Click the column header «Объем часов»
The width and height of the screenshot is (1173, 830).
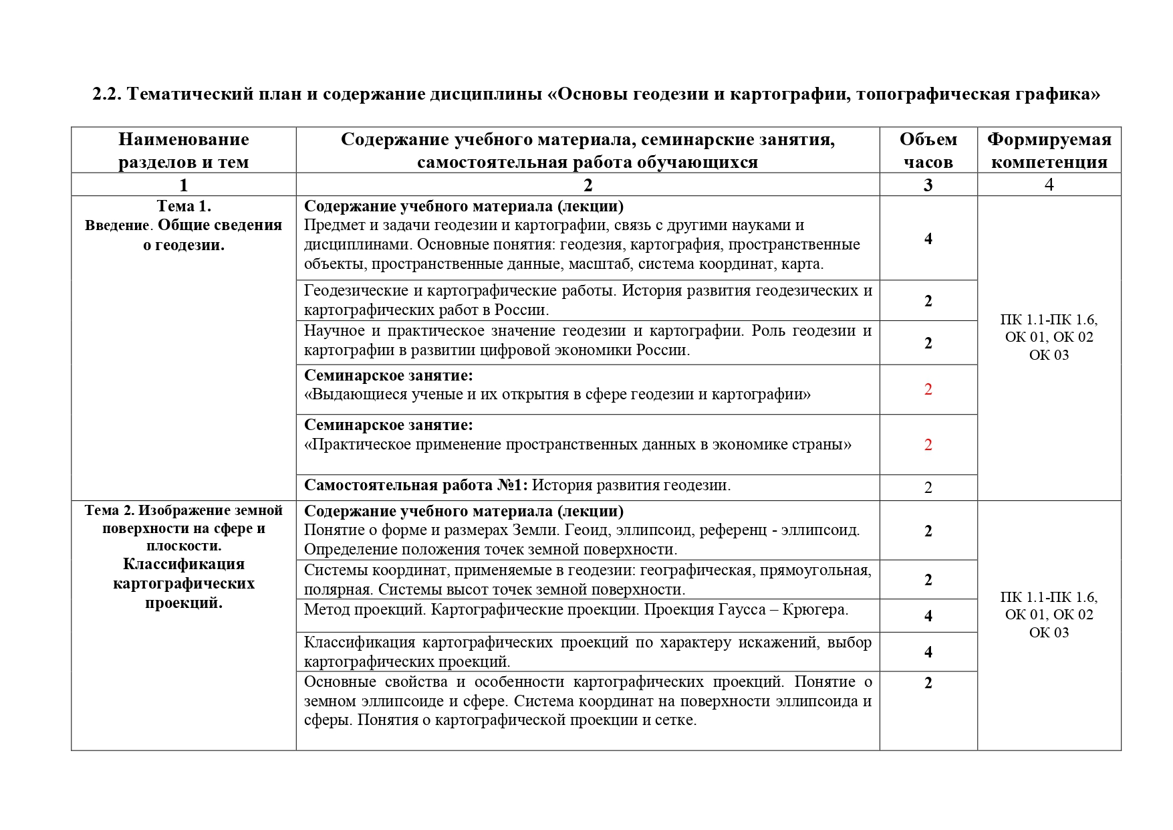[928, 150]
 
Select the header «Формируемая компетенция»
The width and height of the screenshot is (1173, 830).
[1049, 150]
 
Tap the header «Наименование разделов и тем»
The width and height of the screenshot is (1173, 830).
[184, 150]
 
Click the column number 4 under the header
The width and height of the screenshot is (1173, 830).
[1049, 185]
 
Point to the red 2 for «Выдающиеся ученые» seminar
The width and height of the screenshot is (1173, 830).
[928, 389]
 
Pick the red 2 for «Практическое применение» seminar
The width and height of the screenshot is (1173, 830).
[928, 445]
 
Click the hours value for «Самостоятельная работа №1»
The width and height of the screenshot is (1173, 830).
[928, 488]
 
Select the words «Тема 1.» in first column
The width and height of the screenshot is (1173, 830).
[184, 206]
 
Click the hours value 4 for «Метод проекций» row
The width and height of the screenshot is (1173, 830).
[928, 616]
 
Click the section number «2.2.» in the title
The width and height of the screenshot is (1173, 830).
[106, 94]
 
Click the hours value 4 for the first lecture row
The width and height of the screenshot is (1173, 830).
[928, 239]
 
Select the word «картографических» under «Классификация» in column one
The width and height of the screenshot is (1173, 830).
[184, 584]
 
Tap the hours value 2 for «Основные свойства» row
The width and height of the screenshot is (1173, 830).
[928, 683]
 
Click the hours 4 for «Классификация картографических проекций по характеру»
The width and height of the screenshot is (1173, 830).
[928, 652]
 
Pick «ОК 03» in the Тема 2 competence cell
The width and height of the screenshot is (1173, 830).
[1049, 633]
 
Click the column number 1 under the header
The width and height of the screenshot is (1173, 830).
[184, 185]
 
